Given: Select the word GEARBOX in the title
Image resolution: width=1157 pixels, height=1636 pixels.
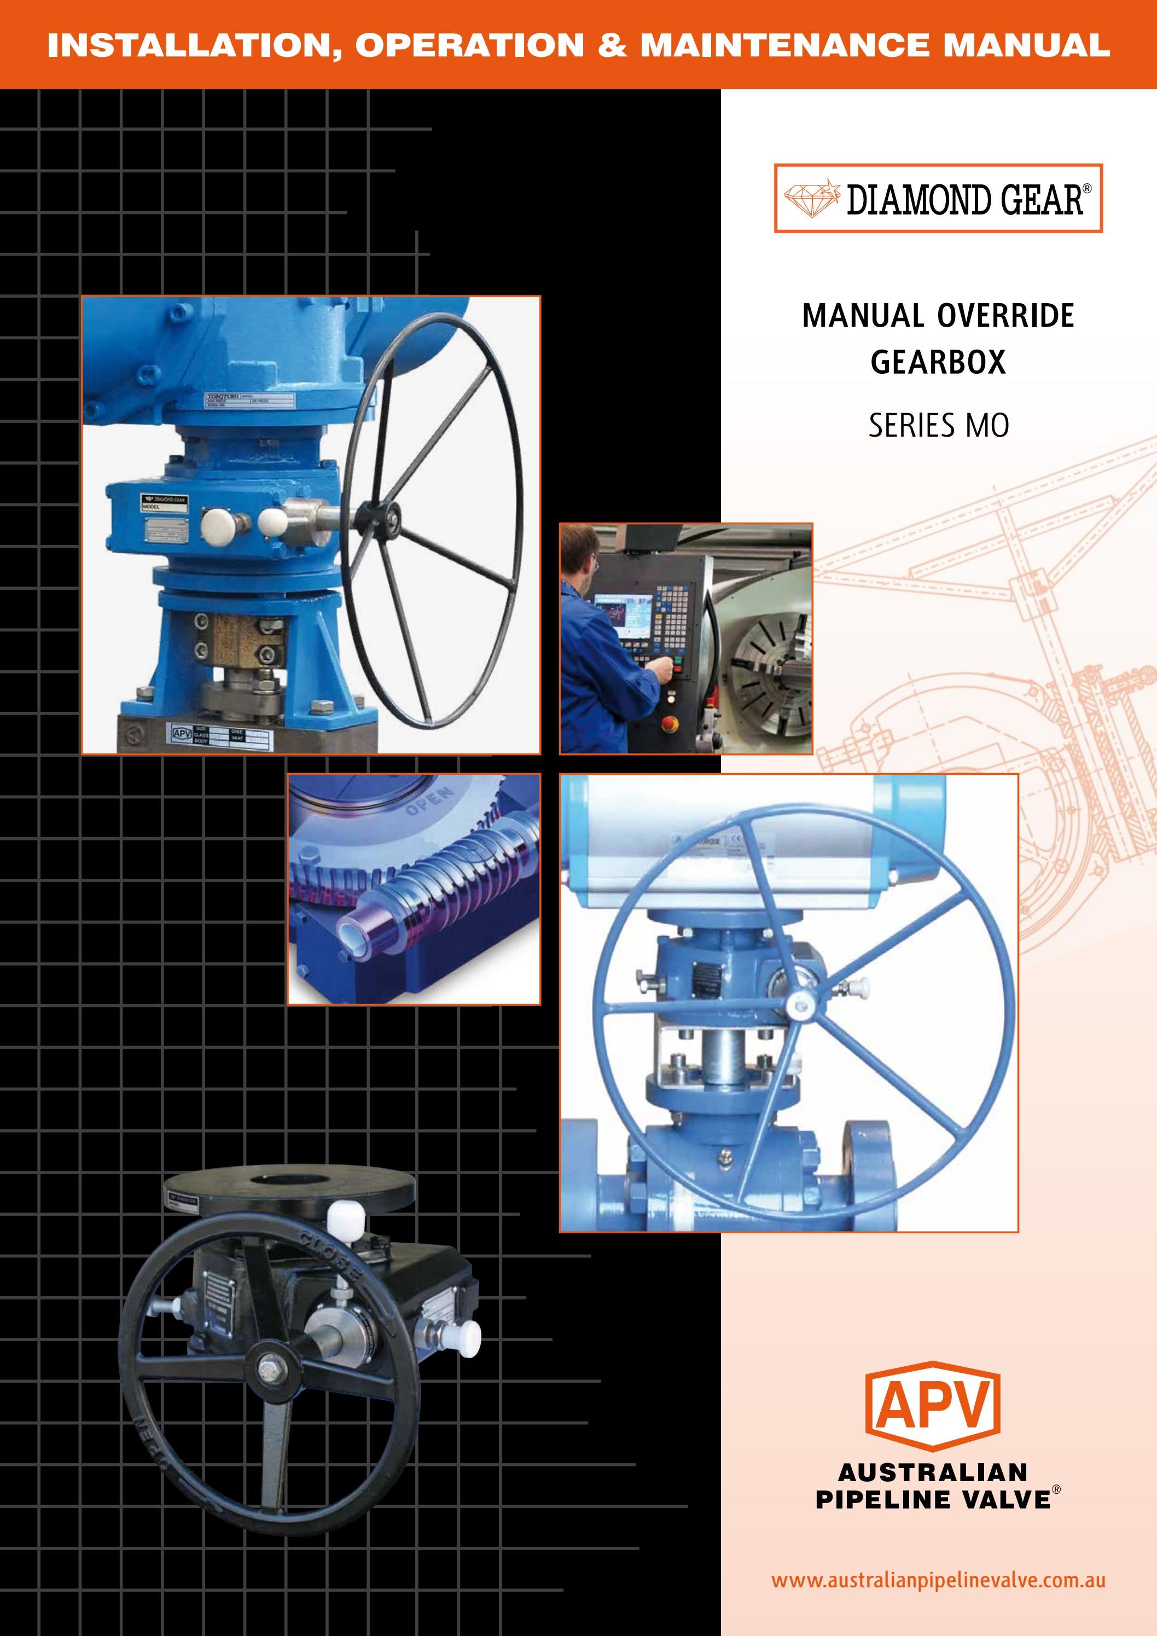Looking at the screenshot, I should (x=938, y=362).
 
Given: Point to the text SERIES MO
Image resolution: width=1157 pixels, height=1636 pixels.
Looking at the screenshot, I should (x=938, y=426).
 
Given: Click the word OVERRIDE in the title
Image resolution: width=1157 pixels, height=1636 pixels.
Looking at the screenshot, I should (x=1004, y=316).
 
